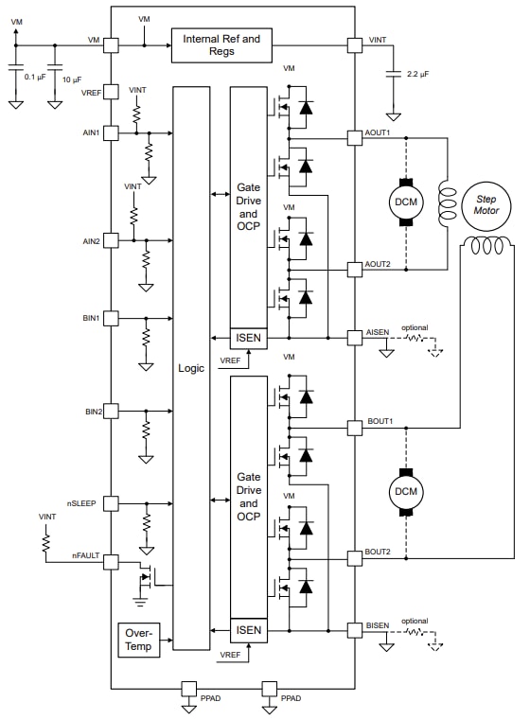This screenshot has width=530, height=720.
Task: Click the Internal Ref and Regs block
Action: [x=221, y=44]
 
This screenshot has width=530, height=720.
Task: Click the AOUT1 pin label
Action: [x=377, y=133]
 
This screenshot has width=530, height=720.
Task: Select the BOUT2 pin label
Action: [x=378, y=551]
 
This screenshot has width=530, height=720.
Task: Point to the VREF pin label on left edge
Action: [x=91, y=92]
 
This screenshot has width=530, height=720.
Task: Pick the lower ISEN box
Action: [x=248, y=629]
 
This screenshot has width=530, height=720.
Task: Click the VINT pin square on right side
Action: [x=354, y=44]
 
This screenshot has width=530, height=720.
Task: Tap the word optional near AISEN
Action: [x=414, y=328]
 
